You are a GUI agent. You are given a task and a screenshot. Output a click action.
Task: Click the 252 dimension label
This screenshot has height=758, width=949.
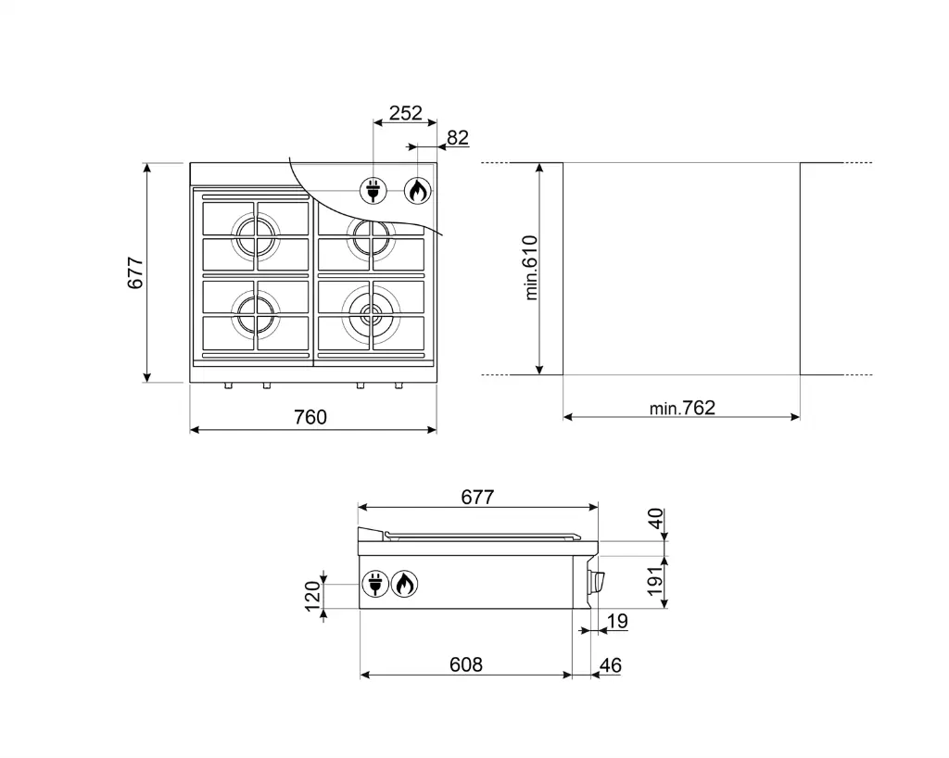tap(405, 113)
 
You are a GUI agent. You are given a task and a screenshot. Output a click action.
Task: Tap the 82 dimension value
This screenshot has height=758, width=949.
tap(457, 138)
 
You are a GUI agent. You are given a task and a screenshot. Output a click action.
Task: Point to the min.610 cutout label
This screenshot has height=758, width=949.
tap(531, 267)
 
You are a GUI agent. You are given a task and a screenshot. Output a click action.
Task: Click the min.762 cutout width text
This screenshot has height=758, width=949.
tap(682, 408)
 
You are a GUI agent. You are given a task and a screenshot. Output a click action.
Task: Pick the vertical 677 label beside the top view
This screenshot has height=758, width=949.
tap(135, 272)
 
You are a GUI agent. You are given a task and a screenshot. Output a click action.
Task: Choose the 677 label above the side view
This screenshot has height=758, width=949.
tap(477, 497)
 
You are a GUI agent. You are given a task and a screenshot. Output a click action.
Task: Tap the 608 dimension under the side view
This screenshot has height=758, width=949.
tap(466, 664)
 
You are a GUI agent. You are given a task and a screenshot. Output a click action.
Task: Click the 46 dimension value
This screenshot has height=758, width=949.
tap(610, 665)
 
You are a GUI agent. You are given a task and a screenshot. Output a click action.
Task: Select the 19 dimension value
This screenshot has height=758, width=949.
tap(617, 621)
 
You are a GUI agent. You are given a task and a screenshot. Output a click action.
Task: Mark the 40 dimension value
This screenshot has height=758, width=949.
tap(656, 520)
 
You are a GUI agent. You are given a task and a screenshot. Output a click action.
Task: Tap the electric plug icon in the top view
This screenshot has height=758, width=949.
tap(373, 191)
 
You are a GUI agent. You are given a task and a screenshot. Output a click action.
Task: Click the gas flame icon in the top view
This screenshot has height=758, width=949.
tap(418, 191)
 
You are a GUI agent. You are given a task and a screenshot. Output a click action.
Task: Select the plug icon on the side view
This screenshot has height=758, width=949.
tap(374, 584)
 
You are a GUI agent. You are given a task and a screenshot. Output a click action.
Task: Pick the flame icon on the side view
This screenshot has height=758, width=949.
tap(404, 584)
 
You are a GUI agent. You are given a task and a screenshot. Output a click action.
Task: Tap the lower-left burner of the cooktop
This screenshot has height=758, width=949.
tap(255, 313)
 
